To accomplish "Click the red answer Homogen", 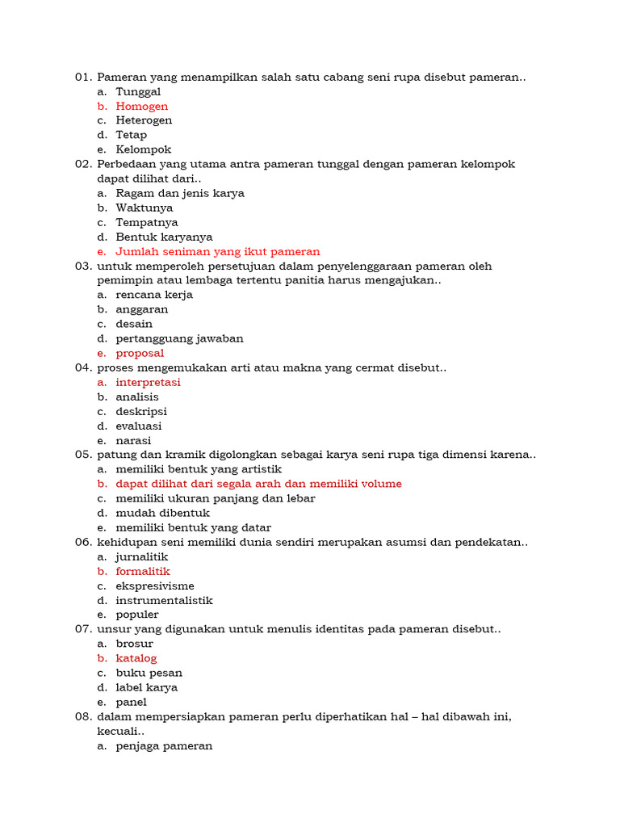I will [141, 106].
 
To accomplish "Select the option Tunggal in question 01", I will [138, 91].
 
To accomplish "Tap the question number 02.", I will [84, 164].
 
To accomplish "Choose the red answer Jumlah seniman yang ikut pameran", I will [217, 251].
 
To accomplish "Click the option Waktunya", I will [144, 208].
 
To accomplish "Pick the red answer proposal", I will [140, 353].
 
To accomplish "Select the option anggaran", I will [142, 309].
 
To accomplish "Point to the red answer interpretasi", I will [148, 382].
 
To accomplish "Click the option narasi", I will [133, 440].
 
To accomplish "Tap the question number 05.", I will [84, 455].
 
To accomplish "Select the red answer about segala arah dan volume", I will [258, 484].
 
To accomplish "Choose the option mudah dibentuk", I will [162, 513].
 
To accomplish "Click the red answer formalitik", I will [143, 571].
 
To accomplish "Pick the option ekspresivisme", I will [155, 586].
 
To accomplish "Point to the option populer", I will [137, 615].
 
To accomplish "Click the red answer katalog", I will [136, 658].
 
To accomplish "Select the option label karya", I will [146, 687].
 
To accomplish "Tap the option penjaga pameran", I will [164, 745].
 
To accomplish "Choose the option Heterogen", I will [144, 120].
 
